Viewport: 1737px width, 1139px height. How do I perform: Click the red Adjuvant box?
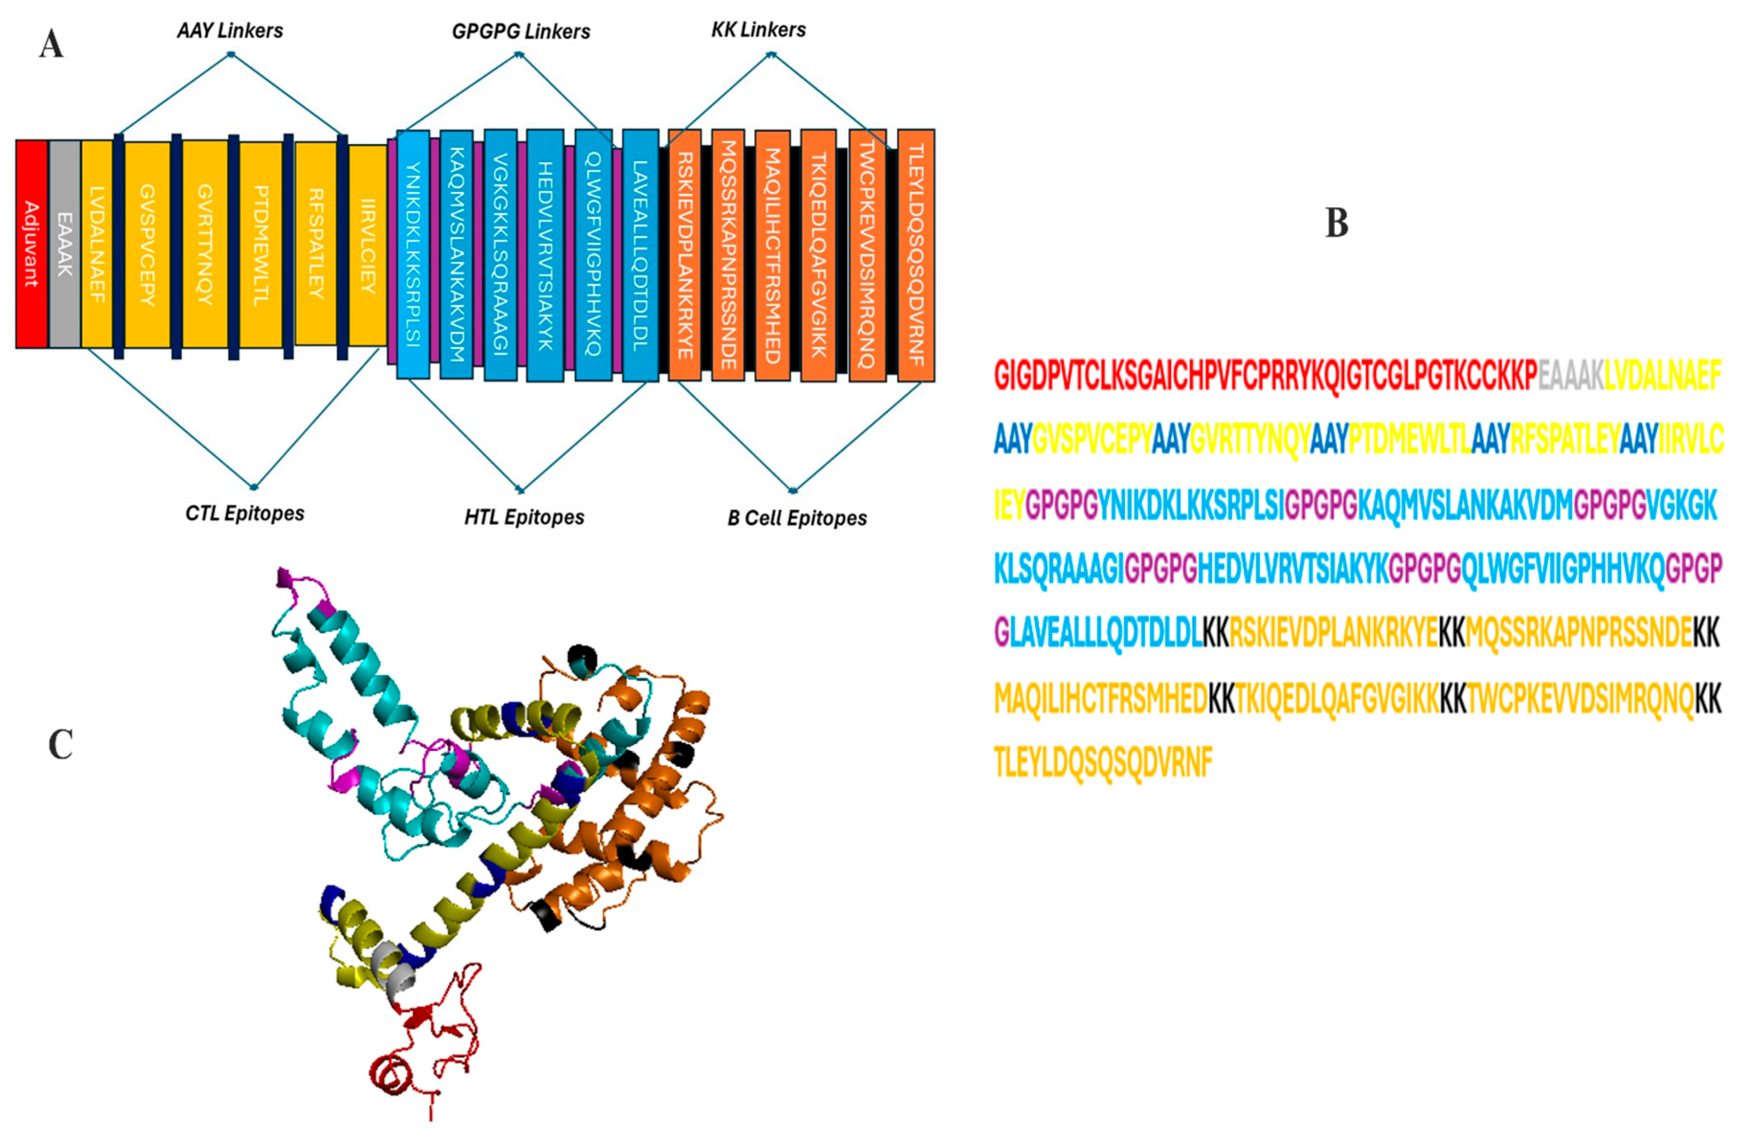pos(32,244)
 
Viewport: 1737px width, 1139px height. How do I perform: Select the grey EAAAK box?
pos(64,244)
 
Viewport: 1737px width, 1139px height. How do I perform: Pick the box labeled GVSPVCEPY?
pos(147,244)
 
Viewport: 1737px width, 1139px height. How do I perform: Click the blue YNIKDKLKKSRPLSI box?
pos(412,254)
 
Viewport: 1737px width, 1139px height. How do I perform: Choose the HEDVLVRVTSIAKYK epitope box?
pos(545,256)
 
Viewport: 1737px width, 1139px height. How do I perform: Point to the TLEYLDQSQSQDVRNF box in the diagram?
pos(915,256)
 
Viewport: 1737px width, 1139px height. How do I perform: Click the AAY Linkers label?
pos(230,31)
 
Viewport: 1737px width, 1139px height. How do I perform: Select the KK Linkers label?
pos(758,30)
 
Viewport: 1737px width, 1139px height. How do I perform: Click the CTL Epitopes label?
pos(245,513)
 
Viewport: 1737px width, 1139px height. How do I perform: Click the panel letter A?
pos(51,44)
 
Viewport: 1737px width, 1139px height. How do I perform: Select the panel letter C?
pos(61,745)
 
